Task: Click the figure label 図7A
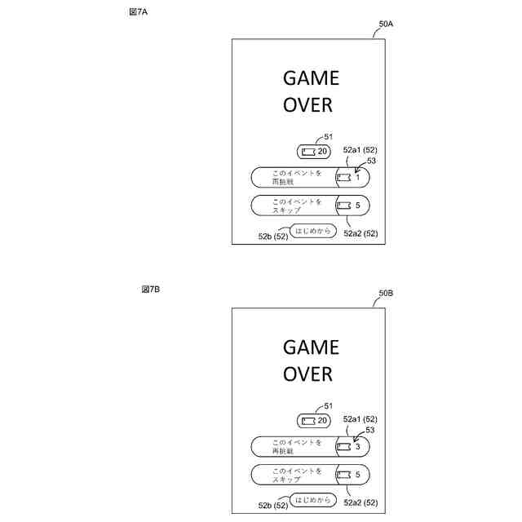point(139,13)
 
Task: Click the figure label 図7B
point(150,290)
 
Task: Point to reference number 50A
point(386,25)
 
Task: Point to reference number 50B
point(386,294)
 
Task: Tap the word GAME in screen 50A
point(311,78)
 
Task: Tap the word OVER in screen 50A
point(307,105)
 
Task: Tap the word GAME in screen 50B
point(311,347)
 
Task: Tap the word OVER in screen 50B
point(307,374)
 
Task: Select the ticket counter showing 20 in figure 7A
point(314,152)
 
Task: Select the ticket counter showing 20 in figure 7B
point(314,420)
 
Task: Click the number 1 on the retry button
point(357,178)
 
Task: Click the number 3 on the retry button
point(357,447)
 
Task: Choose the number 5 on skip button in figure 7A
point(357,206)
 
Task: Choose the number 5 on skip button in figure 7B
point(357,474)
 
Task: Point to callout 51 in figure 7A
point(329,137)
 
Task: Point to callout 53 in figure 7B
point(369,430)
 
